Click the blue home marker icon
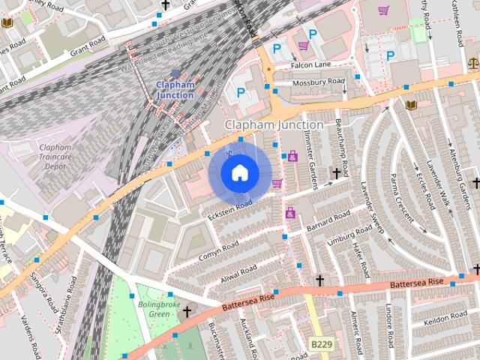click(238, 173)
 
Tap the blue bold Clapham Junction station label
click(175, 90)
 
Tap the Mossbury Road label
click(318, 81)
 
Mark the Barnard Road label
click(328, 218)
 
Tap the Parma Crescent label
click(403, 196)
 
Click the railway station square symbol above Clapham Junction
click(175, 73)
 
